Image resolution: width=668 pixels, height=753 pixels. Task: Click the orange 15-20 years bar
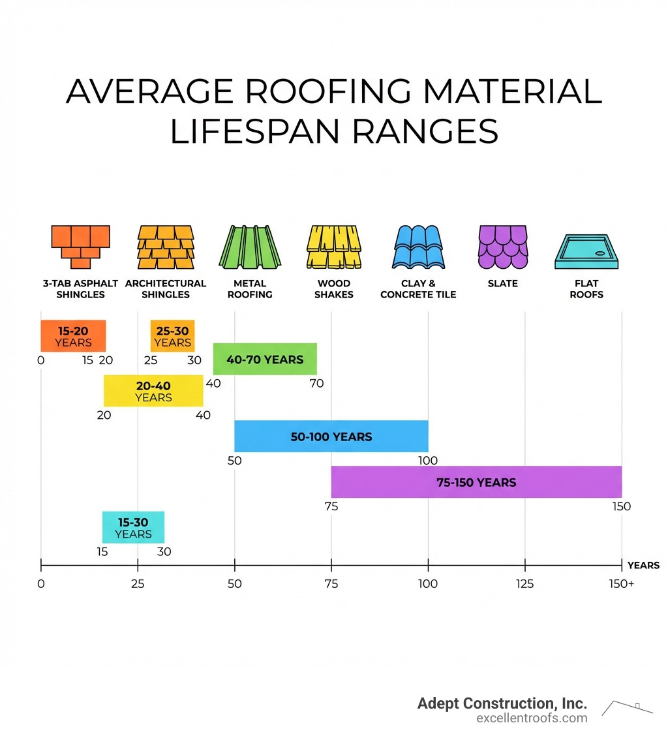(x=73, y=336)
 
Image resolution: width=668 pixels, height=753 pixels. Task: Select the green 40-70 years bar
(x=265, y=359)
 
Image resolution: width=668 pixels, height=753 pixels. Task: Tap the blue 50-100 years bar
(x=331, y=436)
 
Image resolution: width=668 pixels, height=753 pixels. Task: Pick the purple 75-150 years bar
(x=476, y=482)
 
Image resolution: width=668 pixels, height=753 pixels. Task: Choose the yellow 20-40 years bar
(x=153, y=391)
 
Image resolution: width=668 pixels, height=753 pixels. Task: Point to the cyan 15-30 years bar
(x=133, y=527)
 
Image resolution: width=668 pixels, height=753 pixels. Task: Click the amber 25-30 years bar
(x=172, y=336)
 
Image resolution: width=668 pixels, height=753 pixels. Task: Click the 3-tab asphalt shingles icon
(x=80, y=247)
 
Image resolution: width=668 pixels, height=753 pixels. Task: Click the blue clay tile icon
(x=418, y=247)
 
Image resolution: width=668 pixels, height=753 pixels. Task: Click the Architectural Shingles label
(x=165, y=288)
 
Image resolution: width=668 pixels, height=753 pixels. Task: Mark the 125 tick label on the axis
(x=524, y=584)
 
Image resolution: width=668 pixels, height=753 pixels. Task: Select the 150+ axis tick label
(x=622, y=584)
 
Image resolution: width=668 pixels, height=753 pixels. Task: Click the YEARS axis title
(x=643, y=565)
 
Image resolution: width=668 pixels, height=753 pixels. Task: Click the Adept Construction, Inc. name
(x=502, y=703)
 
